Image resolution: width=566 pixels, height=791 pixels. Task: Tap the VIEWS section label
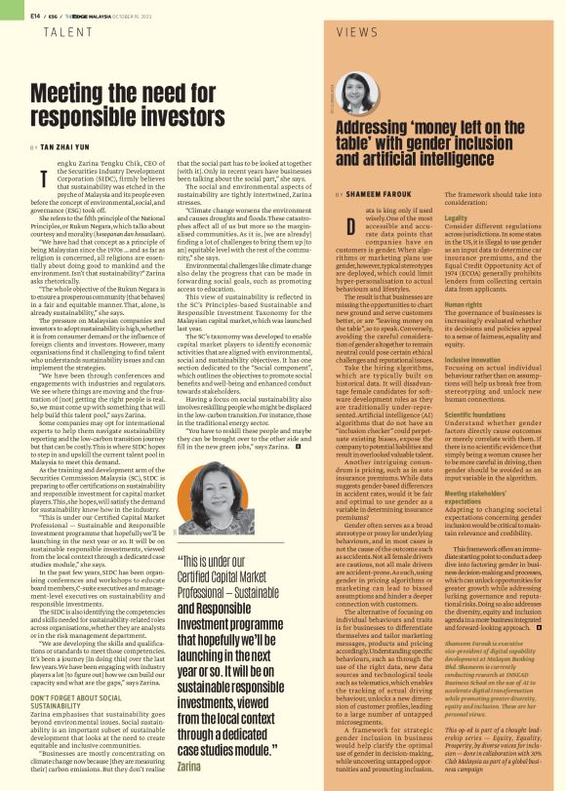point(356,32)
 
